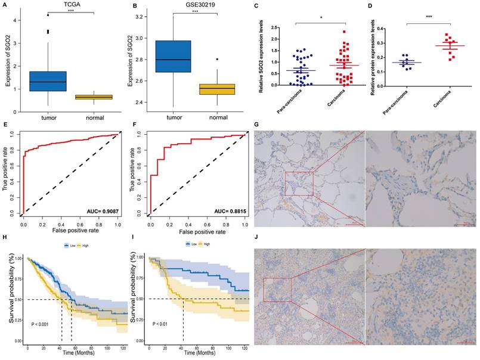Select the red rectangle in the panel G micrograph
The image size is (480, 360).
[299, 182]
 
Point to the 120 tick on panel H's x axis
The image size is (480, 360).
[122, 347]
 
